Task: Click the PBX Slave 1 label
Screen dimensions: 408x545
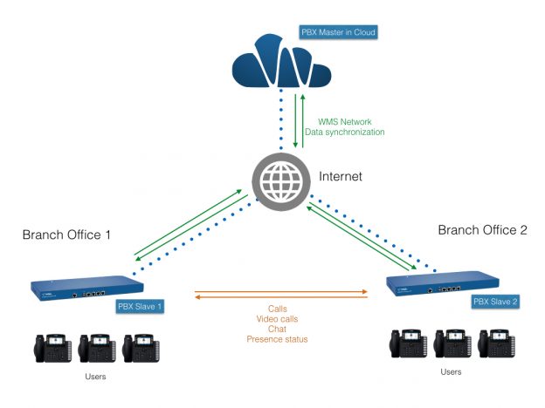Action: [141, 306]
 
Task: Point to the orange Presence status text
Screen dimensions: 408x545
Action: [277, 339]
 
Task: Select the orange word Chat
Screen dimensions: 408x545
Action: [277, 329]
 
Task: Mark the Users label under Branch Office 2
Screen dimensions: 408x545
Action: [452, 372]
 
